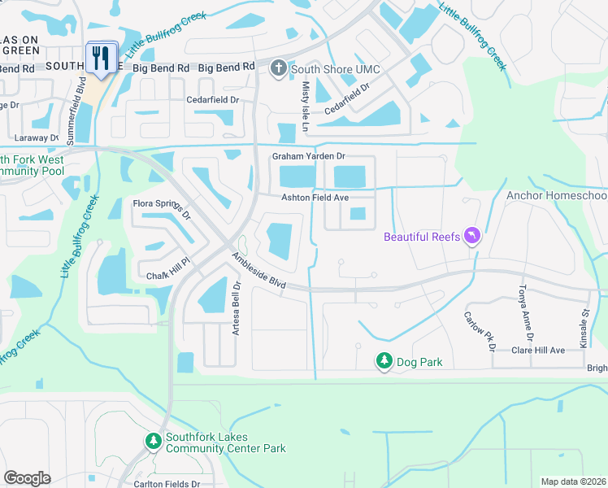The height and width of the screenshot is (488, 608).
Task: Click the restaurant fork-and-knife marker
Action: click(102, 58)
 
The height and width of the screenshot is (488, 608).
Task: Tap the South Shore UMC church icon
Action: click(279, 69)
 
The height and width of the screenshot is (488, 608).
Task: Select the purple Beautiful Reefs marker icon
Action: click(471, 237)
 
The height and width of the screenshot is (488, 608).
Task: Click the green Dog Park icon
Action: click(383, 360)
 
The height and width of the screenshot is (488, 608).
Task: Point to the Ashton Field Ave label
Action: click(315, 198)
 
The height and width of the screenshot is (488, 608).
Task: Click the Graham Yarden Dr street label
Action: click(308, 156)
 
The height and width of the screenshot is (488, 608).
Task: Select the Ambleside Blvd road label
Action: click(258, 271)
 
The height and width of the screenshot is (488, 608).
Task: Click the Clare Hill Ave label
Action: click(537, 350)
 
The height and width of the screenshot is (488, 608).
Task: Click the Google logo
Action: click(27, 477)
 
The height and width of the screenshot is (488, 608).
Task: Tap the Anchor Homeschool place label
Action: click(556, 196)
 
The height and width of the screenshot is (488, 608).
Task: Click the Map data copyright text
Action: click(573, 481)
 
